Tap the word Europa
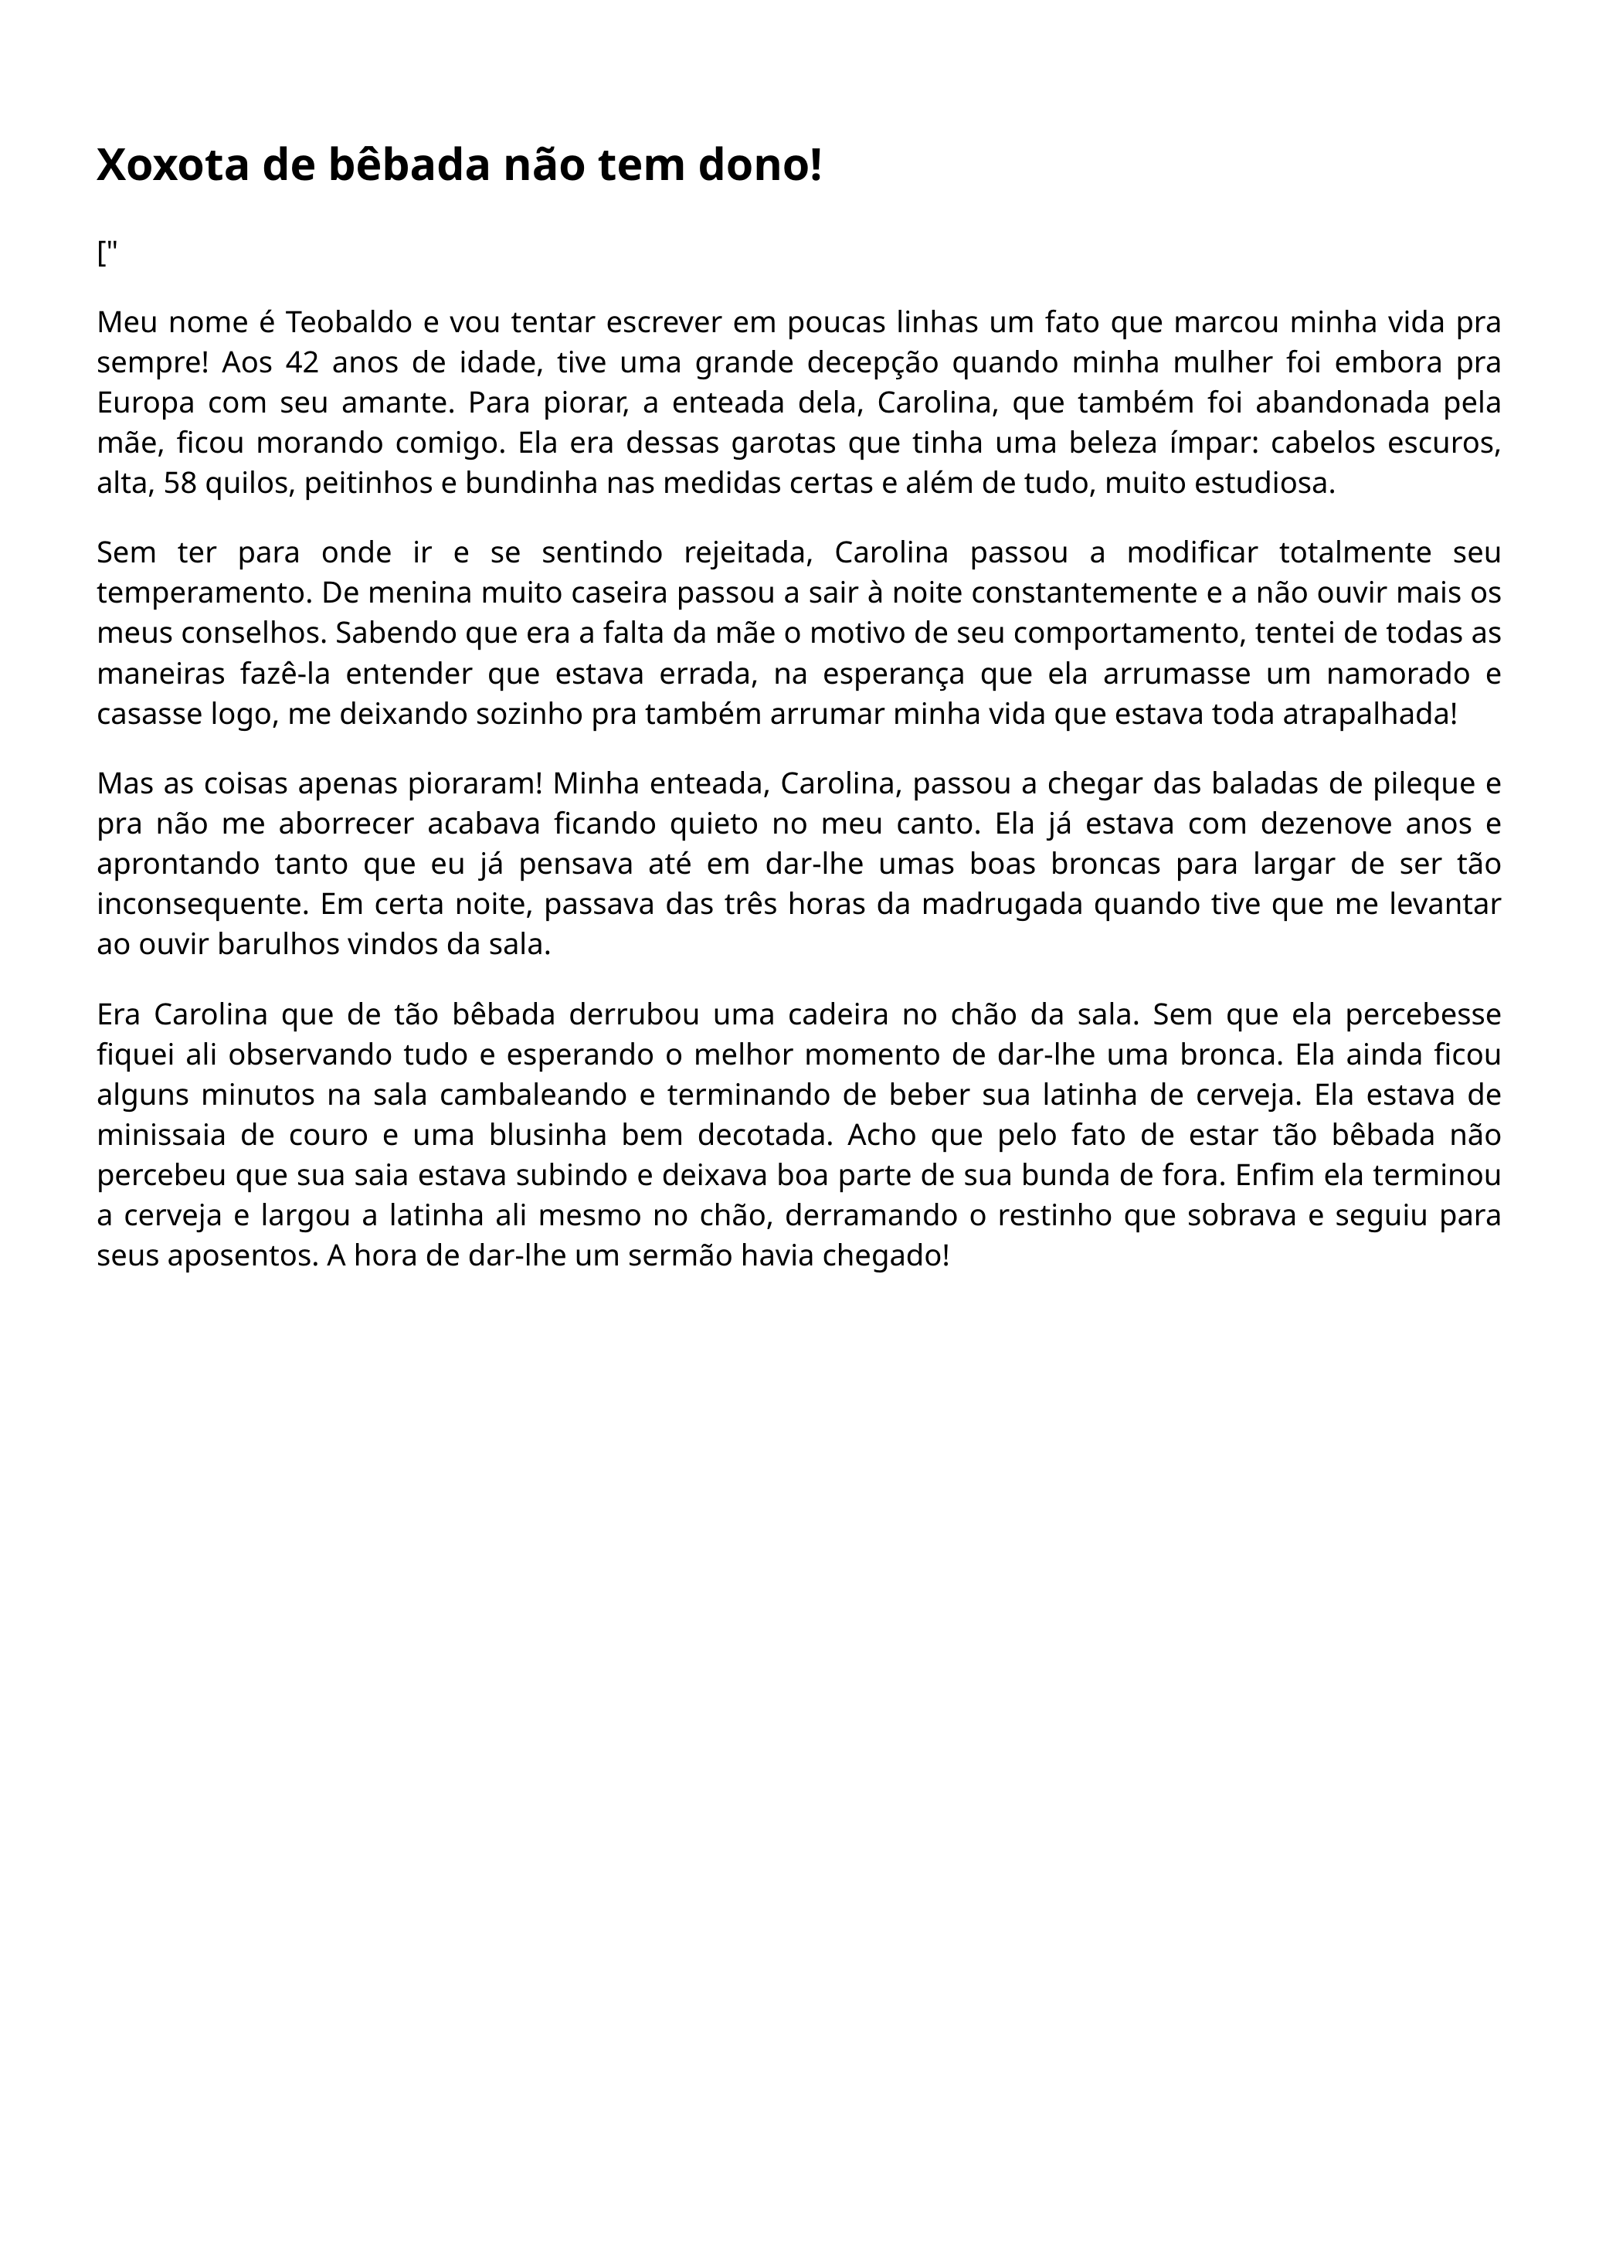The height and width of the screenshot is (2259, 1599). [144, 404]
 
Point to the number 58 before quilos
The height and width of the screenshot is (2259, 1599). [180, 484]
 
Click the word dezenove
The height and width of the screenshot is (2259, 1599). [1282, 824]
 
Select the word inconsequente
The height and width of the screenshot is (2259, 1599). [201, 904]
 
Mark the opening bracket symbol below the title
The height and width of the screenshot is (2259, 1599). [100, 254]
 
